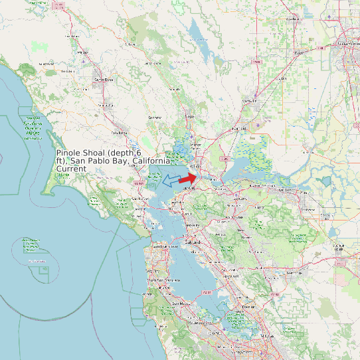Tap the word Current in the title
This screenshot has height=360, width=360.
(x=71, y=169)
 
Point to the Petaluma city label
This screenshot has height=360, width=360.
(x=120, y=133)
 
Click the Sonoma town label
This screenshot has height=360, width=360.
(x=155, y=118)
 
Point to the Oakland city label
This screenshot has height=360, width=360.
(x=193, y=242)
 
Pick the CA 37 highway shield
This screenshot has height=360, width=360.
(x=138, y=183)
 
